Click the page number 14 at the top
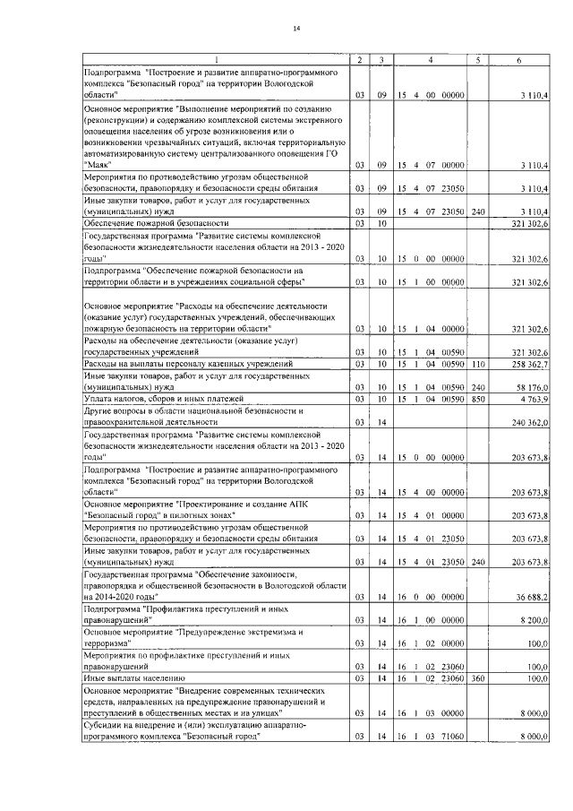(297, 31)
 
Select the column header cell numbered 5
(479, 60)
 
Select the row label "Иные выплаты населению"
(134, 678)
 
